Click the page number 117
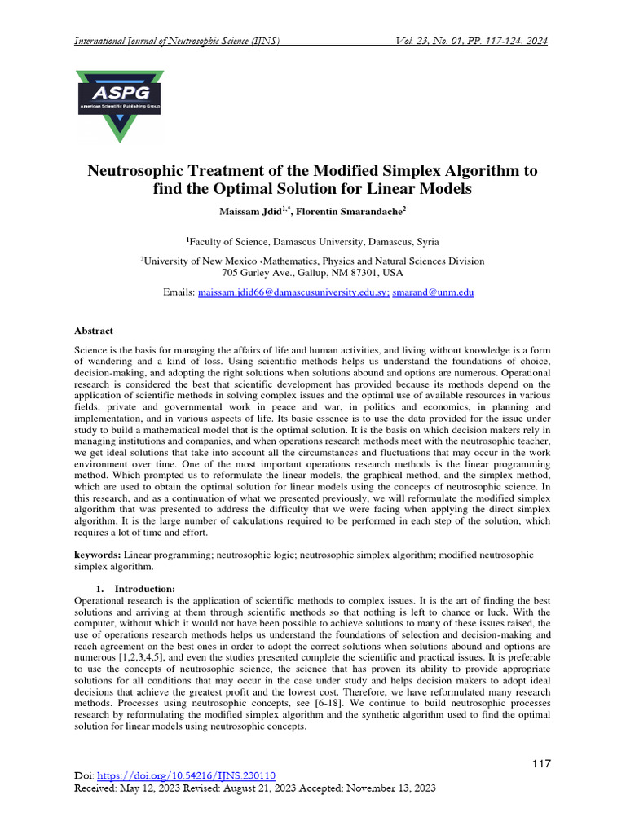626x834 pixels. [541, 764]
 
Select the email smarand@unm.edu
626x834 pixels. [433, 292]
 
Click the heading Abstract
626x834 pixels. [94, 331]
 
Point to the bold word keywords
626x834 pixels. [97, 555]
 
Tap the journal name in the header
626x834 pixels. [177, 42]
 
